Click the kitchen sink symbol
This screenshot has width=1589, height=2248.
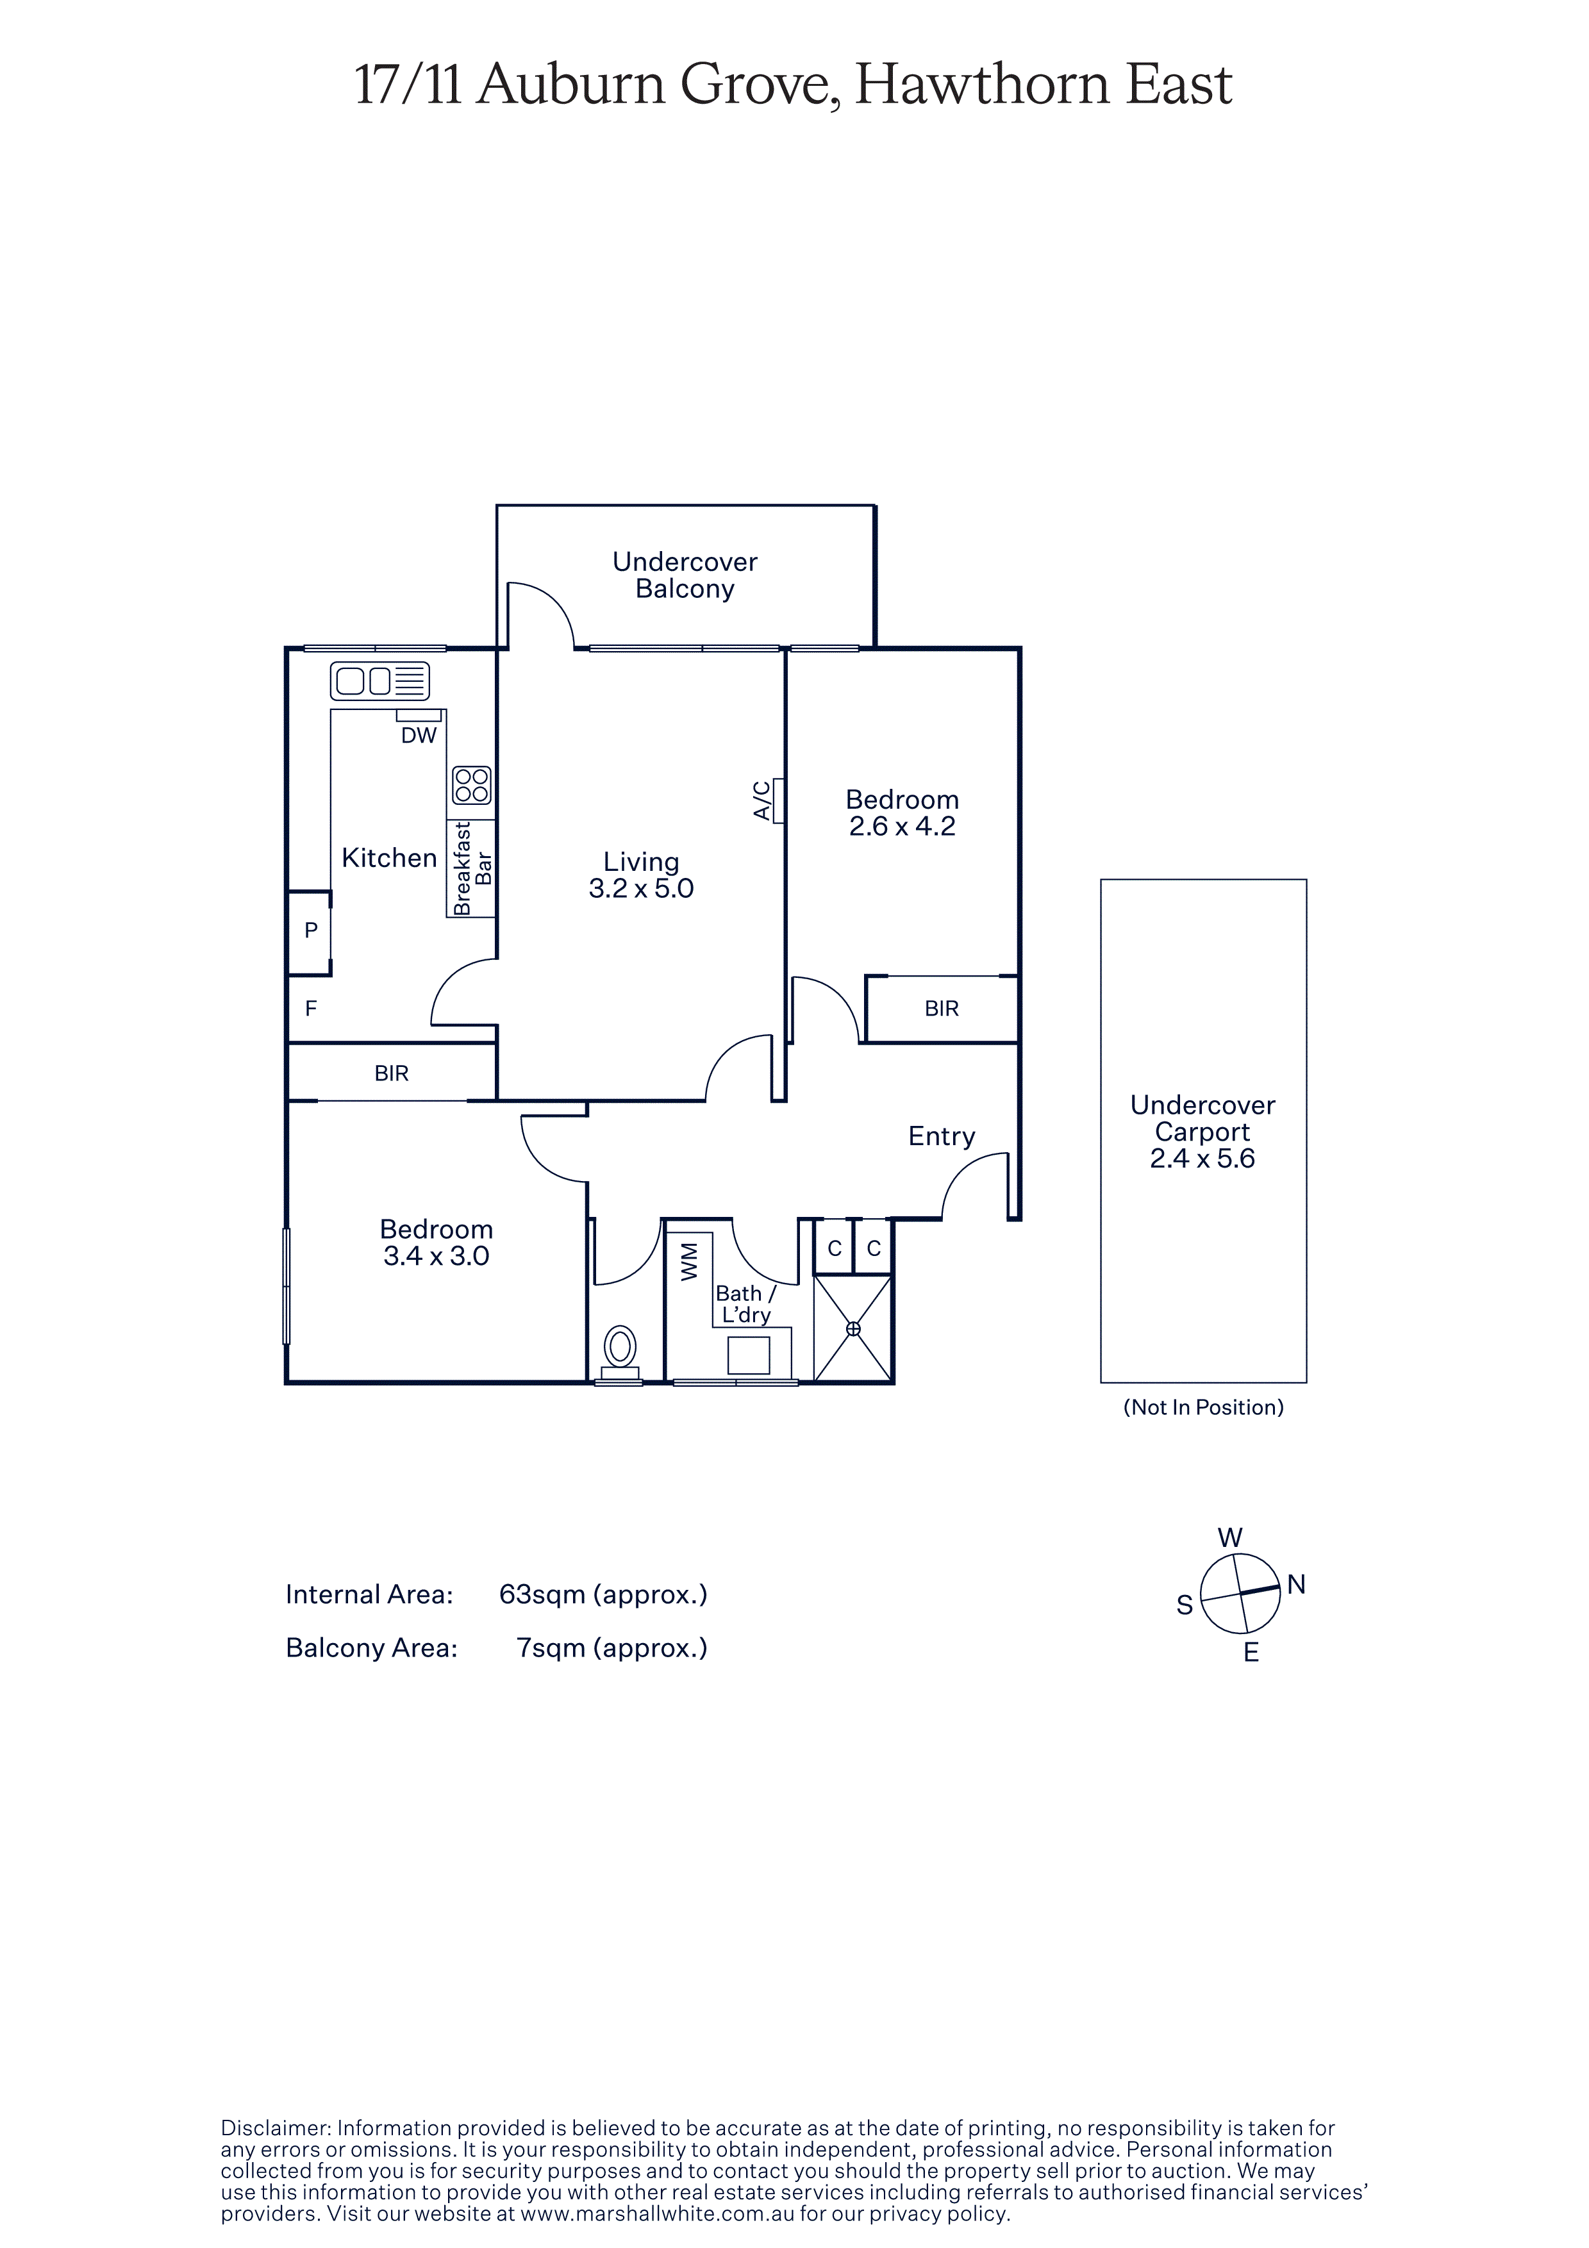(380, 681)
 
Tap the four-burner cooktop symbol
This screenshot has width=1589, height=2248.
(471, 785)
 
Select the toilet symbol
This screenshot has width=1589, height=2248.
(620, 1353)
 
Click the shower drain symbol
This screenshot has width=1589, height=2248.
(853, 1328)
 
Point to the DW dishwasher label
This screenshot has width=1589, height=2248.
(419, 735)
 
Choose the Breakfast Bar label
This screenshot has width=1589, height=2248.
(472, 868)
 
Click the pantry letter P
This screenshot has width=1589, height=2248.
(312, 930)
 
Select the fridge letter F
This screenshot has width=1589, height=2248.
(312, 1009)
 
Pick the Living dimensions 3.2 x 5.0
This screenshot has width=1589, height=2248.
(641, 888)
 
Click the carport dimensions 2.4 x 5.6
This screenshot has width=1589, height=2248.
(1202, 1158)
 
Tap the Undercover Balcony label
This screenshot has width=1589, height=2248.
(685, 575)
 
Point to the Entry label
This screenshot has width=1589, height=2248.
(942, 1137)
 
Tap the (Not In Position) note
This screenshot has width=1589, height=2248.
(1203, 1407)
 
